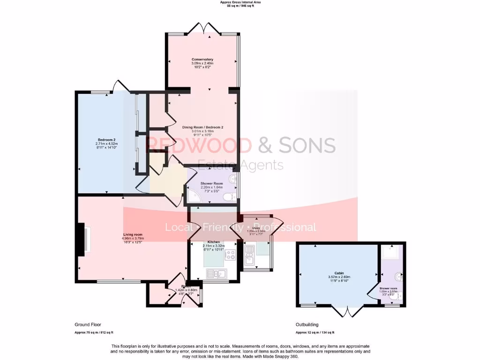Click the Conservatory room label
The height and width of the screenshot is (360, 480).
[202, 60]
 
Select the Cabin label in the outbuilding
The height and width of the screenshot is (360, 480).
[339, 273]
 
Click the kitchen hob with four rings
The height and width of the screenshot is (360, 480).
[230, 255]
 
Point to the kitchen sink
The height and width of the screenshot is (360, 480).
[218, 273]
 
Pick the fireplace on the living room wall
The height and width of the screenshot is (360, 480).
[82, 240]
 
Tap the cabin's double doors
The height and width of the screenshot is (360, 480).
[347, 311]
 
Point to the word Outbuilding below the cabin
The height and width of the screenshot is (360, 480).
[307, 324]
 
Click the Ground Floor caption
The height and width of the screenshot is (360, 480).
[88, 324]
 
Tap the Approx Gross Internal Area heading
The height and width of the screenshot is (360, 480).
[240, 2]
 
